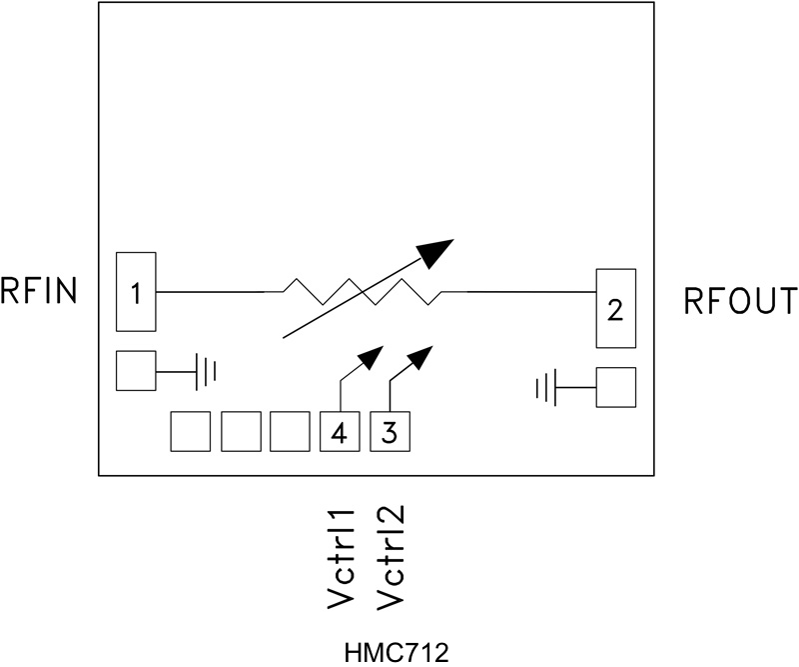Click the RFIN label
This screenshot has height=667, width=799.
click(39, 292)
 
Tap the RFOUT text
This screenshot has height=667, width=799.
click(740, 301)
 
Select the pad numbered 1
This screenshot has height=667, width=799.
click(136, 292)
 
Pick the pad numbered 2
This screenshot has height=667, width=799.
click(615, 309)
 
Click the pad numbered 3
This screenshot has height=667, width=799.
click(390, 432)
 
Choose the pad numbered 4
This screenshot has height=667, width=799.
click(340, 432)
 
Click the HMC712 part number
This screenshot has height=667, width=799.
click(397, 652)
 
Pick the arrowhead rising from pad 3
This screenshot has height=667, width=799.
click(420, 356)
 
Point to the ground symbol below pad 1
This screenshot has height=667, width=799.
click(206, 372)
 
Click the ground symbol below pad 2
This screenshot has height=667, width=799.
click(545, 386)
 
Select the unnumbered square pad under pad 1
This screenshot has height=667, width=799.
click(136, 371)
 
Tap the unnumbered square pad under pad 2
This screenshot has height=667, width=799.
click(615, 387)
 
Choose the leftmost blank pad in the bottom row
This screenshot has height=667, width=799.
click(190, 432)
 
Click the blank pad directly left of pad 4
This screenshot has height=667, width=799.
click(290, 432)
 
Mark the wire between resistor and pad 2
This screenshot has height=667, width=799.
click(529, 292)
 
